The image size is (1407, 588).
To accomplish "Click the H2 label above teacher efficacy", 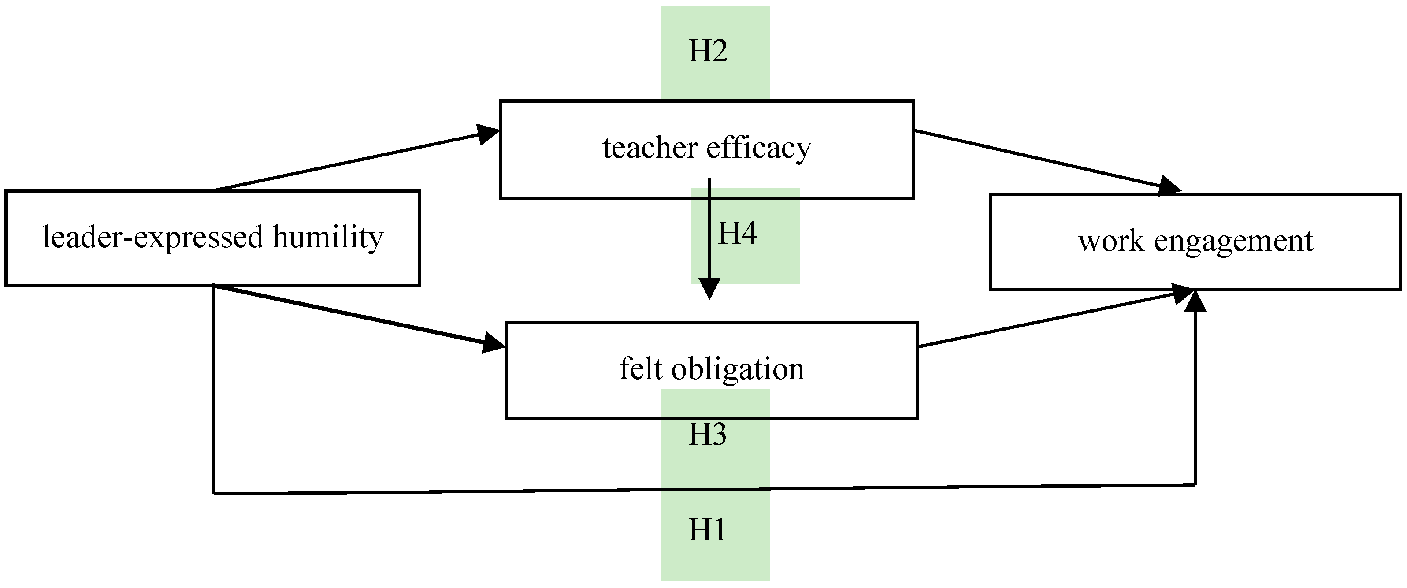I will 708,52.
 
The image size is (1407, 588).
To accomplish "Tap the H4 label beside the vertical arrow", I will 737,234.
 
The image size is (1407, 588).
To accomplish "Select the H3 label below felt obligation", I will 707,435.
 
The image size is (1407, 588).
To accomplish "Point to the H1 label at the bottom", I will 707,530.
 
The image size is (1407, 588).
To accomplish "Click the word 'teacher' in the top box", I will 650,148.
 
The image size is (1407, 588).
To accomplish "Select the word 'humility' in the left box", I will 328,238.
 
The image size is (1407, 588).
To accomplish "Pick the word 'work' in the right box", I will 1111,241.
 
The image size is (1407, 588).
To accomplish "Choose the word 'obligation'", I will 737,370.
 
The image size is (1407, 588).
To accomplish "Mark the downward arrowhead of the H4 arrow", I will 709,289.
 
